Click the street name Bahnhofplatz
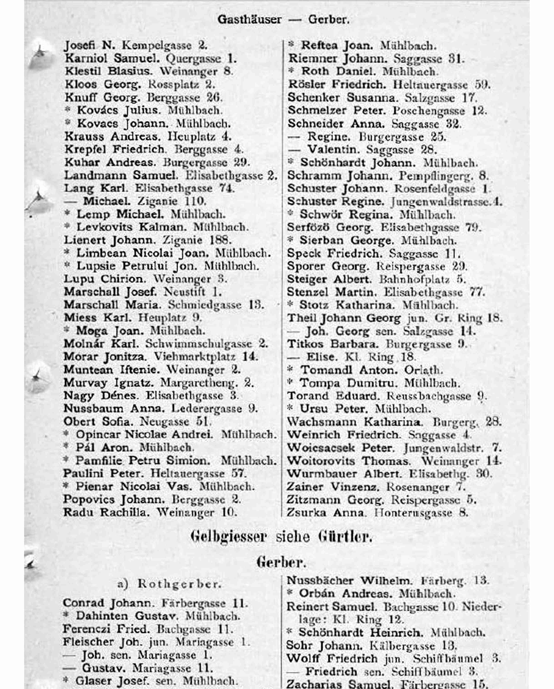click(x=414, y=279)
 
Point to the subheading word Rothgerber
click(x=179, y=584)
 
